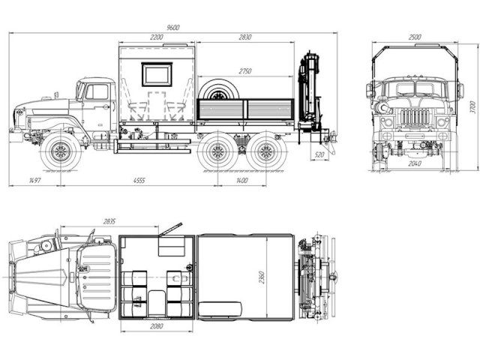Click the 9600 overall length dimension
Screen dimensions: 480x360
[x=173, y=28]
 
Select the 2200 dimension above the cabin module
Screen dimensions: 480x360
[x=157, y=37]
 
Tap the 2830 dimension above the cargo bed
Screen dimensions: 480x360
[x=245, y=37]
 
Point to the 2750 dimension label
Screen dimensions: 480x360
[x=245, y=71]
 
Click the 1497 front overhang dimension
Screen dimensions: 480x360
[x=35, y=181]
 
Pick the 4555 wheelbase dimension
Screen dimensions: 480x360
[x=139, y=181]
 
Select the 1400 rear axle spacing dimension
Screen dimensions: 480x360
[x=241, y=181]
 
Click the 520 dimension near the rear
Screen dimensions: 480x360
[x=319, y=155]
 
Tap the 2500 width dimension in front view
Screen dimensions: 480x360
[x=415, y=37]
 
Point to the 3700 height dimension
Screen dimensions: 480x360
[x=473, y=107]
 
